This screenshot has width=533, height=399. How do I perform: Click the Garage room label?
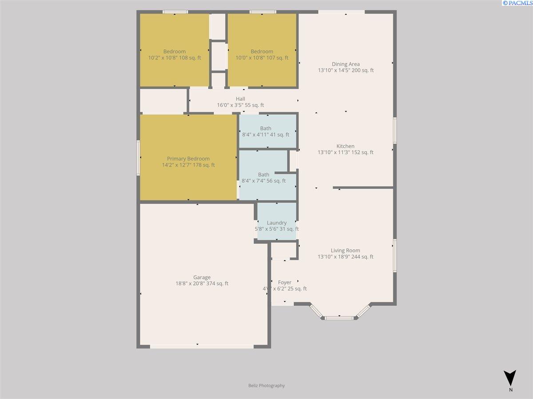coord(202,278)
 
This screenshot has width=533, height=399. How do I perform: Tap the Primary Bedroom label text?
coord(188,159)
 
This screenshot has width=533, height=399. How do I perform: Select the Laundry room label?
coord(276,223)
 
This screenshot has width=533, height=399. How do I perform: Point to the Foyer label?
coord(285,282)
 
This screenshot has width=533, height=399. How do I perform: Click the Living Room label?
coord(345,250)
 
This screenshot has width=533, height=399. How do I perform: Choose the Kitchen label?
coord(345,146)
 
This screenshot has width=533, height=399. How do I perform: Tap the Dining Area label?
coord(345,64)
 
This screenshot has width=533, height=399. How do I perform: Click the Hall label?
coord(240,99)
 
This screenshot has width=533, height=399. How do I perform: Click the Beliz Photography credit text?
coord(266,386)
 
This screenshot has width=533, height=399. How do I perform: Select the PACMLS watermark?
coord(517,3)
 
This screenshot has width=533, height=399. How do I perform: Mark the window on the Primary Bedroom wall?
coord(138,158)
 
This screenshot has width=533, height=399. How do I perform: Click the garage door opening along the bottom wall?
coord(202,346)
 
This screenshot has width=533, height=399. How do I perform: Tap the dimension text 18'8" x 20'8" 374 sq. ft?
coord(202,284)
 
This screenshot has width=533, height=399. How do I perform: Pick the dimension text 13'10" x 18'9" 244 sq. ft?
coord(345,257)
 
